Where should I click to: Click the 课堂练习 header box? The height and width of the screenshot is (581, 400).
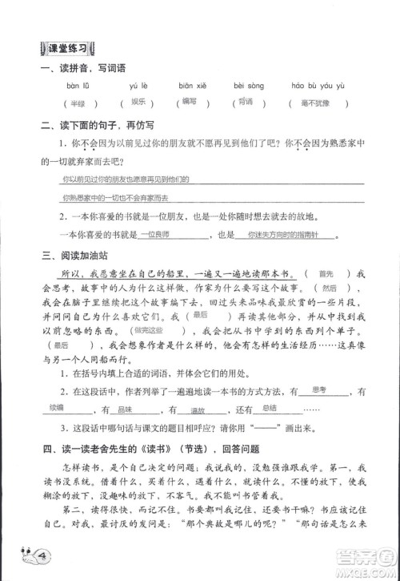(70, 49)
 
